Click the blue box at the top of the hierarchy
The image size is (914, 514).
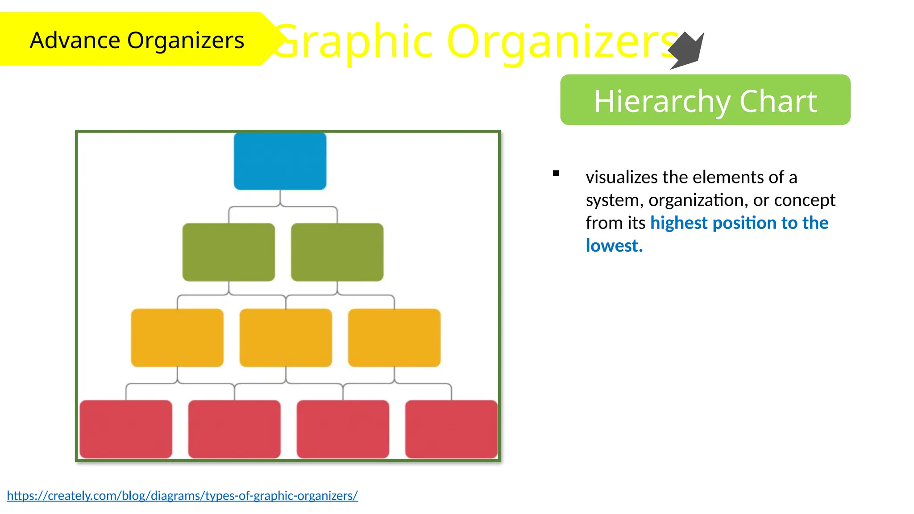280,161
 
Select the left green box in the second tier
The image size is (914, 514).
228,252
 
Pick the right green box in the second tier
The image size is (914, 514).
337,252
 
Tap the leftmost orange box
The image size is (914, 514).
177,338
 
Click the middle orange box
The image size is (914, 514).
286,338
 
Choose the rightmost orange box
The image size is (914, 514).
394,338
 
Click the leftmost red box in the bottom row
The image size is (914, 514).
126,429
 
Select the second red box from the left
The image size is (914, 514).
234,429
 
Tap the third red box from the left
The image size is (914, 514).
343,429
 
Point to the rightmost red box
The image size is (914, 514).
451,429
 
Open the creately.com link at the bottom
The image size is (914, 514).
182,496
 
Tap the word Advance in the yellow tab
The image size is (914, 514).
75,40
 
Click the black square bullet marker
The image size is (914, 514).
556,174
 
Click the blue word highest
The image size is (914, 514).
678,223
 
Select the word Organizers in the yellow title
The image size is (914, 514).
562,41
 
